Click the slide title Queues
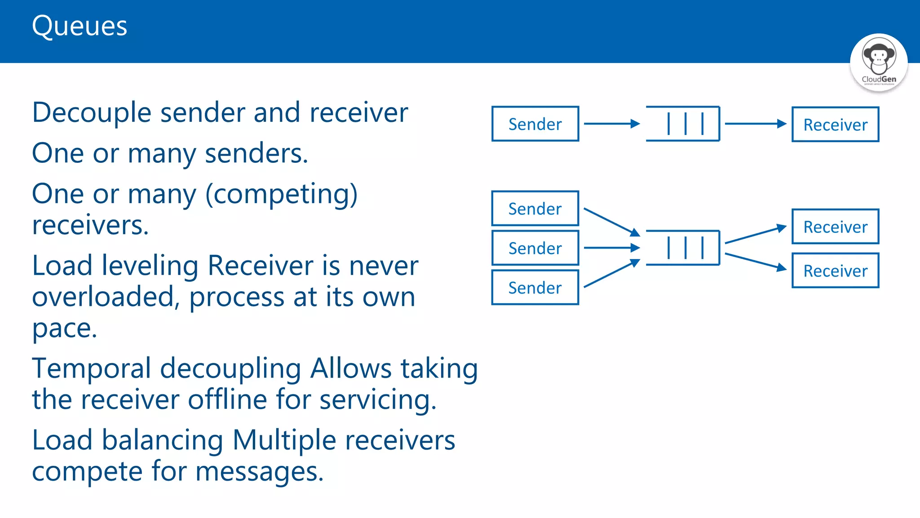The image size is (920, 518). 80,26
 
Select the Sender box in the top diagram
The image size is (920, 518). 535,124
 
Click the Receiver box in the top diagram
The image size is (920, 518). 835,125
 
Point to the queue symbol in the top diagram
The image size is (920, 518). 683,124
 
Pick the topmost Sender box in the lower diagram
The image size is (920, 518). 535,209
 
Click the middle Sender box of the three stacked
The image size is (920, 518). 535,248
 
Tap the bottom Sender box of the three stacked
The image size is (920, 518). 535,288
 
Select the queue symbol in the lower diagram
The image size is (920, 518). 683,248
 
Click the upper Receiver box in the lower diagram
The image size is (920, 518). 835,227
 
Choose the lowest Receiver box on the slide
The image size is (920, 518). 835,271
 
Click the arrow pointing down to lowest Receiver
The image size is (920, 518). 756,262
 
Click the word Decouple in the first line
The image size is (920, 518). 92,112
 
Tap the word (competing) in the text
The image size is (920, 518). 281,194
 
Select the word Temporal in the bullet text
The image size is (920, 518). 92,369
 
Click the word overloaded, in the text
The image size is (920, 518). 106,297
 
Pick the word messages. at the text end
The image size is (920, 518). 259,471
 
